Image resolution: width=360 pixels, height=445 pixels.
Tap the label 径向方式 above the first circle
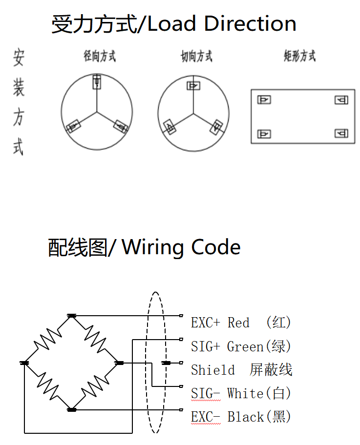[100, 56]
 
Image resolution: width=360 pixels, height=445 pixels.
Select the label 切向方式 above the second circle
[196, 57]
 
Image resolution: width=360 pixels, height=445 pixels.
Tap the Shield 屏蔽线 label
[241, 370]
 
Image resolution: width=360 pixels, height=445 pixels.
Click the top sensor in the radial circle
[97, 81]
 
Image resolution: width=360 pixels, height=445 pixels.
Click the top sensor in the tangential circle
[193, 86]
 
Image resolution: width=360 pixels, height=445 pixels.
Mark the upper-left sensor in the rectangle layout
[264, 100]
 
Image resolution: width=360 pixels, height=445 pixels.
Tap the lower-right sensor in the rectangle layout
[341, 133]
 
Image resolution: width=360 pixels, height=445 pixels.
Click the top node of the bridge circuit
[72, 316]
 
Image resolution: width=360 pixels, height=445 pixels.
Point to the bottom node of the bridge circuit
[72, 409]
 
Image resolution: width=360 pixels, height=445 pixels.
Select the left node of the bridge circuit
[24, 363]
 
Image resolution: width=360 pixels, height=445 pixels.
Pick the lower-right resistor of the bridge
[96, 386]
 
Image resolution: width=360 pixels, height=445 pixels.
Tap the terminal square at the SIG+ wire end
[181, 339]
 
